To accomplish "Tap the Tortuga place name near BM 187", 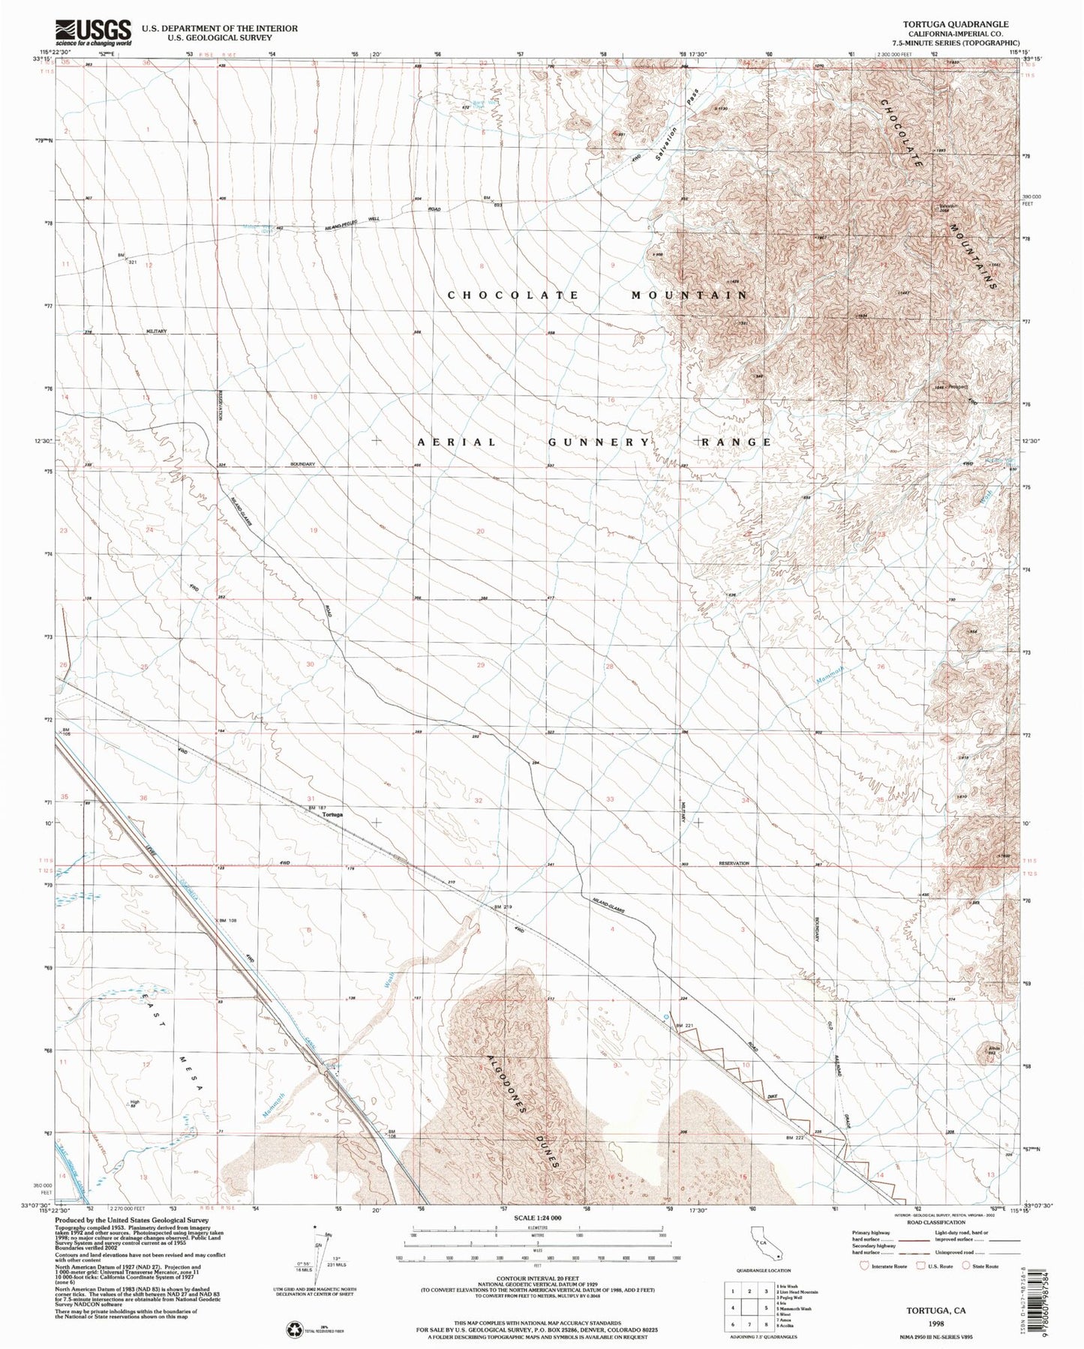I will click(x=332, y=814).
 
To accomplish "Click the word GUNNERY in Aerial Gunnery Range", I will click(x=598, y=442).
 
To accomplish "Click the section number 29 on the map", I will click(x=481, y=665).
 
